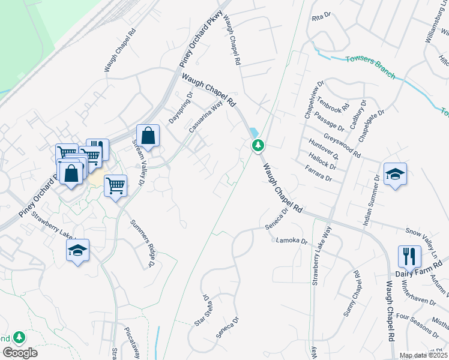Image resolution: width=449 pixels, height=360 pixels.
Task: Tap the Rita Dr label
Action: [321, 19]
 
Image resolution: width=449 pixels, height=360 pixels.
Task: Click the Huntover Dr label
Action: [323, 149]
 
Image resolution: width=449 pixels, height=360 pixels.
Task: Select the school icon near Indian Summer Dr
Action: [394, 174]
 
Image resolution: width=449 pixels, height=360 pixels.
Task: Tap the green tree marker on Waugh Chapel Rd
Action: [258, 145]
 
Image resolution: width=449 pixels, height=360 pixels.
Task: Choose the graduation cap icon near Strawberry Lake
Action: [77, 250]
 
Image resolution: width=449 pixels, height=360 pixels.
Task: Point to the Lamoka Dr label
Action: [292, 241]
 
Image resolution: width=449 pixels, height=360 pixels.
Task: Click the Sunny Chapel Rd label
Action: [352, 295]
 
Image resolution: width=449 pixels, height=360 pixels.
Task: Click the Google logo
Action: [20, 353]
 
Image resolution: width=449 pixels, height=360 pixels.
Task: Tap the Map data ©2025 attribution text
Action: [423, 355]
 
